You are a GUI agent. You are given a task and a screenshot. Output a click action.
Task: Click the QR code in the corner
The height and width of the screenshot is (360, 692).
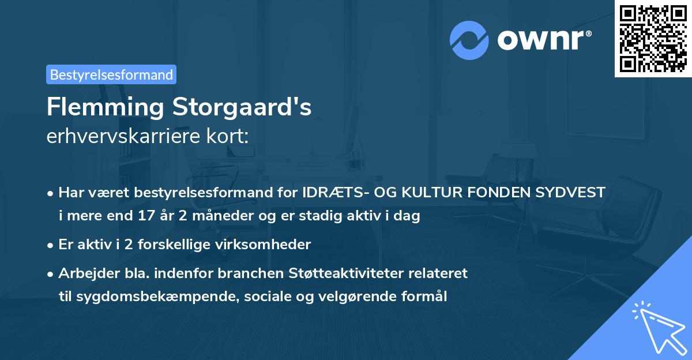[653, 38]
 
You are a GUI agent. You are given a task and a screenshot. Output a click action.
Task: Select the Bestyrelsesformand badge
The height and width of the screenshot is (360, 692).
[111, 74]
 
